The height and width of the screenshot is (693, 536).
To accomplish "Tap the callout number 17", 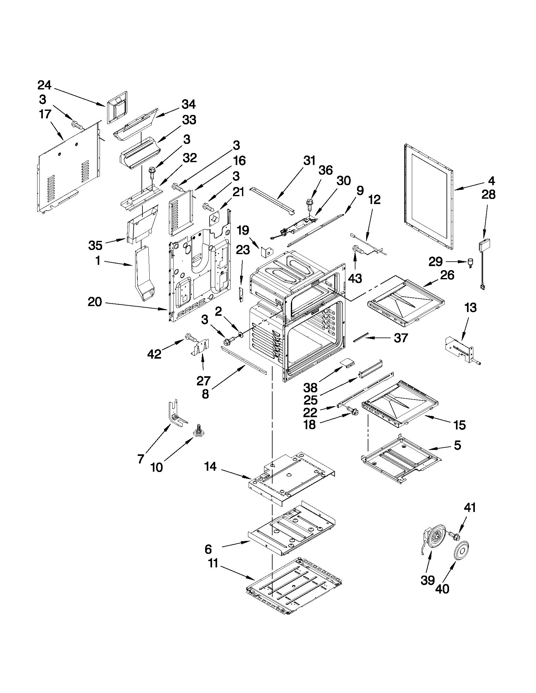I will [x=45, y=114].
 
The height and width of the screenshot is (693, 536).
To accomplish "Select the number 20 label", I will [x=95, y=302].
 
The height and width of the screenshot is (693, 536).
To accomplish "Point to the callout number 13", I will [x=470, y=308].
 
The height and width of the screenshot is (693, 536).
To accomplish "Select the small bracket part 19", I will [x=266, y=251].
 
